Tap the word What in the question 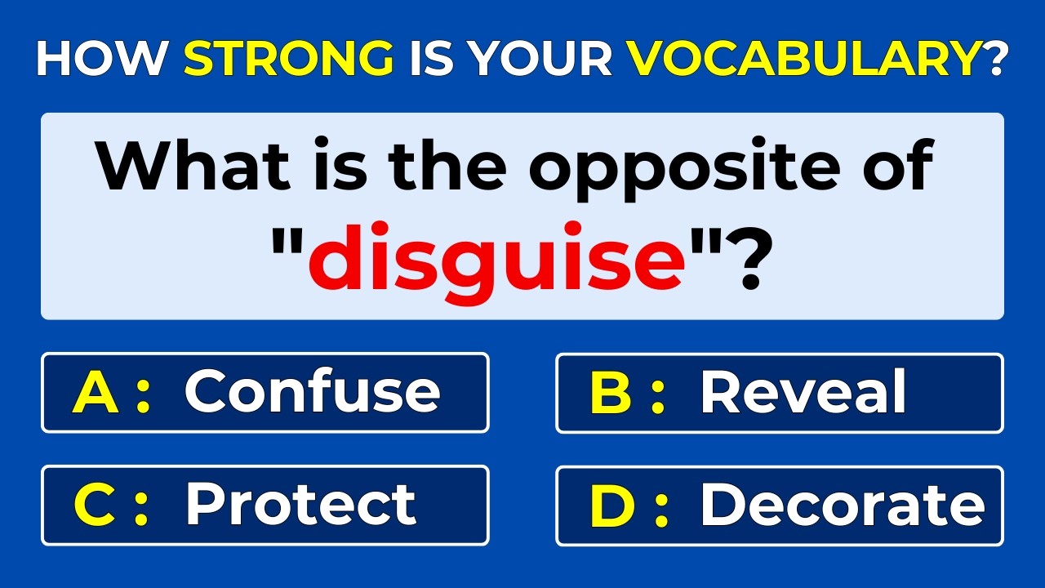(x=193, y=165)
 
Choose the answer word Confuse (x=312, y=391)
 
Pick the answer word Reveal (x=803, y=391)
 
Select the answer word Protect (x=300, y=504)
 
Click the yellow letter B (x=611, y=392)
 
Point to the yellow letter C (x=95, y=505)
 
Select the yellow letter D (x=611, y=505)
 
